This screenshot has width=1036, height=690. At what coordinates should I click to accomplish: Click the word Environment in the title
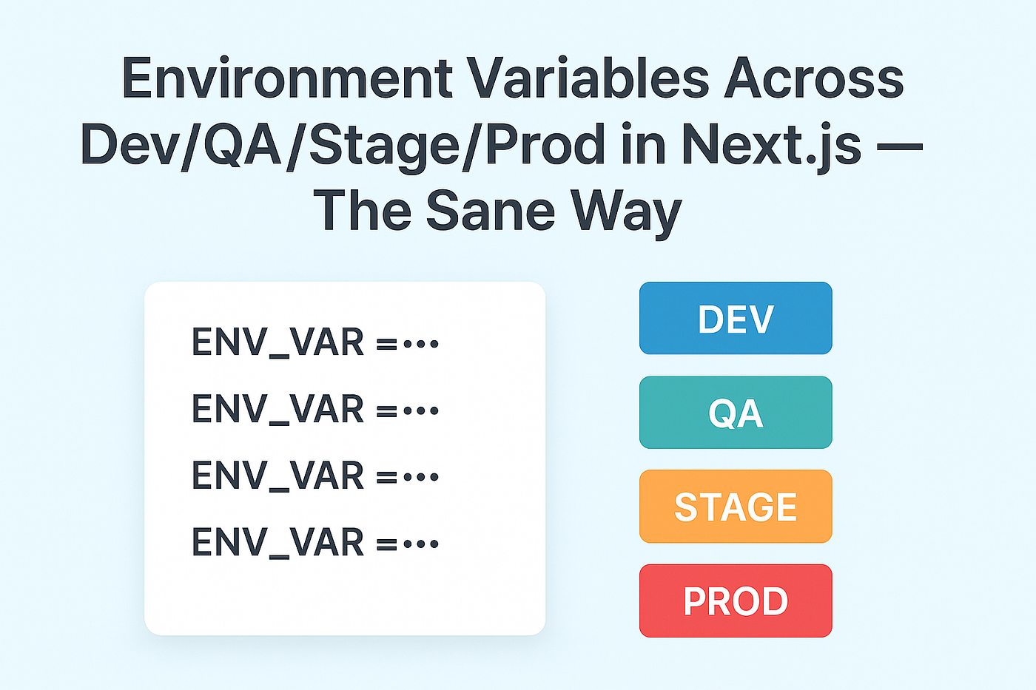pos(287,77)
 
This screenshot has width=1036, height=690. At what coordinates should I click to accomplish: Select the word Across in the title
pos(813,78)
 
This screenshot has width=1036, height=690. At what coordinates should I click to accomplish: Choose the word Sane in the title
pos(490,211)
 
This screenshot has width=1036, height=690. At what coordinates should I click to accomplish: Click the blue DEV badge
pos(736,318)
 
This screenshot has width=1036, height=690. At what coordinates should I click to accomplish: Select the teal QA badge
pos(736,412)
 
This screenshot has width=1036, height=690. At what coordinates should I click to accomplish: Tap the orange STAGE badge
pos(736,507)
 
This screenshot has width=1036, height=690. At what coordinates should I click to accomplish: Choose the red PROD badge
pos(736,601)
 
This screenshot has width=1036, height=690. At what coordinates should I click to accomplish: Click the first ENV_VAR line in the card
pos(315,343)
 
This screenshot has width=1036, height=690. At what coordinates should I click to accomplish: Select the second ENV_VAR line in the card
pos(315,410)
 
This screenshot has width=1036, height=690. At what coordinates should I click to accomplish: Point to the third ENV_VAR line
pos(315,476)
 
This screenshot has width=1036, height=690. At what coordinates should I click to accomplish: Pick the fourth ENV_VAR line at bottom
pos(315,543)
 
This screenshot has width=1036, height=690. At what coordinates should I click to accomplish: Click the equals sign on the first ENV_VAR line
pos(386,345)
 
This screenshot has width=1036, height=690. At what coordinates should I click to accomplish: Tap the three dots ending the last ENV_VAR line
pos(421,544)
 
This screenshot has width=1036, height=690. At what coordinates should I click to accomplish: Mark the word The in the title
pos(363,211)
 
